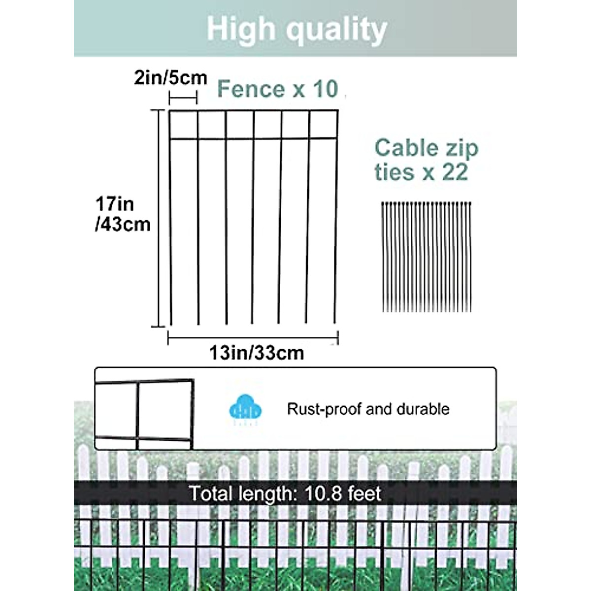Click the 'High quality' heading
[x=296, y=30]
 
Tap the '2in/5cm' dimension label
[x=170, y=78]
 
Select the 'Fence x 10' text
[x=277, y=89]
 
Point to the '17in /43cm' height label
[x=122, y=214]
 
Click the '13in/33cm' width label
[x=257, y=353]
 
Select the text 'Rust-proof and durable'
[x=368, y=409]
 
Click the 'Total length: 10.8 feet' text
[x=285, y=493]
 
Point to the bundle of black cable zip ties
[x=427, y=257]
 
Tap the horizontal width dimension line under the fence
[x=253, y=338]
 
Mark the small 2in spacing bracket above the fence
[x=183, y=98]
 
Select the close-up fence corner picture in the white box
[x=144, y=409]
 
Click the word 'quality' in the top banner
[x=336, y=30]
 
